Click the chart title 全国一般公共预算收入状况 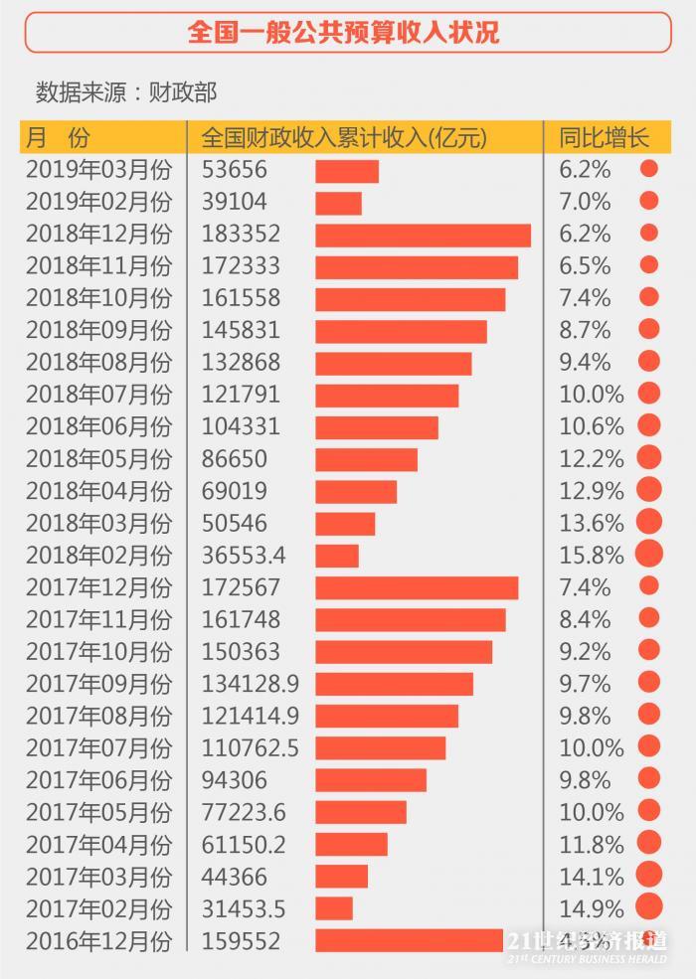(x=347, y=33)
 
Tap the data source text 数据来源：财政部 (x=126, y=92)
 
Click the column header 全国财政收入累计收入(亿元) (x=344, y=137)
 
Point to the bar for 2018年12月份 (x=423, y=235)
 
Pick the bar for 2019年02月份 (x=338, y=203)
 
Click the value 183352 (x=241, y=235)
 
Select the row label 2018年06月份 (x=98, y=426)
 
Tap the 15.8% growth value (x=592, y=555)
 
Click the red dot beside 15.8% (x=649, y=554)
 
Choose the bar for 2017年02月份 (x=334, y=908)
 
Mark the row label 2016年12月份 (x=98, y=940)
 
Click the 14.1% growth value (x=592, y=877)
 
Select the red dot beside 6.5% (x=649, y=265)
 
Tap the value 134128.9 (x=251, y=684)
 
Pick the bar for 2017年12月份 (x=417, y=587)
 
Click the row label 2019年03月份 (x=98, y=170)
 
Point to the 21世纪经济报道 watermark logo (x=587, y=946)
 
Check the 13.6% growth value (x=592, y=523)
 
